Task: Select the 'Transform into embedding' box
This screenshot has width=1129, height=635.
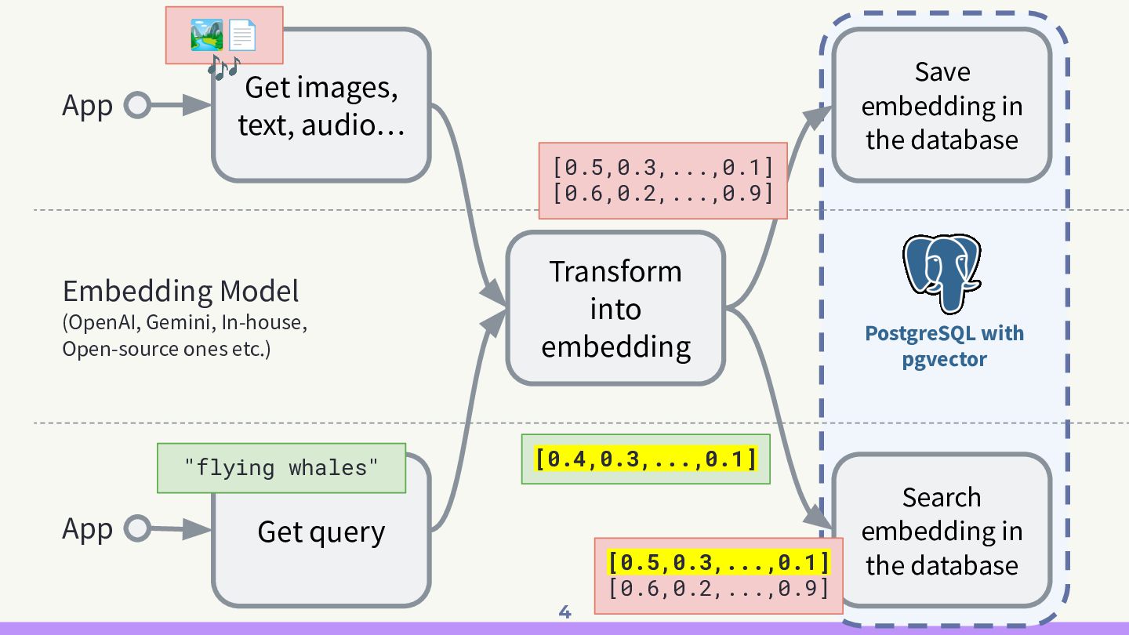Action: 615,308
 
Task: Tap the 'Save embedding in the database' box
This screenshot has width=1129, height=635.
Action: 941,106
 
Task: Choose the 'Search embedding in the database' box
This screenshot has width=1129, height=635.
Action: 941,532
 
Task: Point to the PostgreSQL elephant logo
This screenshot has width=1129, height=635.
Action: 942,270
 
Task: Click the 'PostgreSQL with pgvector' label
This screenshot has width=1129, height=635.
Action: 944,346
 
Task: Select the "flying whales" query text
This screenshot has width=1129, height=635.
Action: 281,468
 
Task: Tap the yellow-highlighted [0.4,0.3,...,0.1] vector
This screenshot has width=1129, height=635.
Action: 646,459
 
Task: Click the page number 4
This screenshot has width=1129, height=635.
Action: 564,612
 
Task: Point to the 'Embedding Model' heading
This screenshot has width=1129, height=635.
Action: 180,292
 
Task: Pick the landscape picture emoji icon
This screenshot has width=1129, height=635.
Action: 207,35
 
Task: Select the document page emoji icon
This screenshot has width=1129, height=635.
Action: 242,36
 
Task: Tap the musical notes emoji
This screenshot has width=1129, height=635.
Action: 223,67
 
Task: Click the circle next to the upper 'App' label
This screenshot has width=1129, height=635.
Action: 137,106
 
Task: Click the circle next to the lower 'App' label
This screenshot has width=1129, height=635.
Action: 137,529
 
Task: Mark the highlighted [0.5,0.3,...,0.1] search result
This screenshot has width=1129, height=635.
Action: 718,562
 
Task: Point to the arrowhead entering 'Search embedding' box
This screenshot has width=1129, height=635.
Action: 819,520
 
